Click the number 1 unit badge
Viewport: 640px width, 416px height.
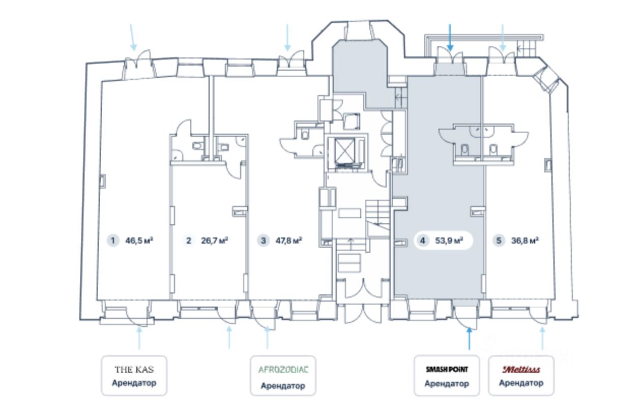click(112, 241)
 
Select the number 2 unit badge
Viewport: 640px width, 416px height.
click(189, 241)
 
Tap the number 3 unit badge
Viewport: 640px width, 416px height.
click(263, 241)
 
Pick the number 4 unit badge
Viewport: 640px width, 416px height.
click(422, 241)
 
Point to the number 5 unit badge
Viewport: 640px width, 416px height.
click(499, 241)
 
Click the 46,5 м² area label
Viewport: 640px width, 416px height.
click(139, 241)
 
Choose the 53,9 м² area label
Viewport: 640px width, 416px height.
click(449, 241)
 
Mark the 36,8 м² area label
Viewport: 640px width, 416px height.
click(525, 241)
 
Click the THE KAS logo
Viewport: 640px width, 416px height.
click(134, 369)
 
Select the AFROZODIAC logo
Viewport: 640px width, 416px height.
click(283, 370)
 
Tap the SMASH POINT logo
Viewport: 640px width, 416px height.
click(447, 370)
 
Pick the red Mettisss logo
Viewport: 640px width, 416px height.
click(521, 370)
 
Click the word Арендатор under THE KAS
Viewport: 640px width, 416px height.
click(134, 383)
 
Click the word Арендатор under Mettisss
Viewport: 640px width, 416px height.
click(521, 383)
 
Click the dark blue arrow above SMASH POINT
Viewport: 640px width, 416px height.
click(469, 339)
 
